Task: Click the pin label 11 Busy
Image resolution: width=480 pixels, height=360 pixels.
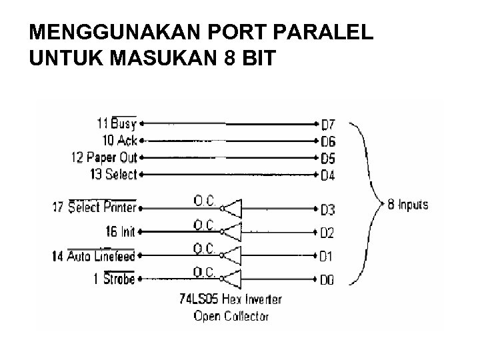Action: (117, 123)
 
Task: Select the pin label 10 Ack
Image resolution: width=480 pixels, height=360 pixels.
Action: (119, 140)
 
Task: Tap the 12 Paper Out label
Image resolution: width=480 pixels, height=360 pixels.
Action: (103, 157)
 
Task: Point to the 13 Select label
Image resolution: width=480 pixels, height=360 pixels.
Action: (112, 174)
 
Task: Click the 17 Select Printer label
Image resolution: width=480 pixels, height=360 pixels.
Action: (94, 207)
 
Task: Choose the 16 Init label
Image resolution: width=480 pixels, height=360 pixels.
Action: (120, 231)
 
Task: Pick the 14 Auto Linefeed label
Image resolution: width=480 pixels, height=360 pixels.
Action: (93, 255)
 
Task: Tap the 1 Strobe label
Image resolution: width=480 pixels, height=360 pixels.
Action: (115, 279)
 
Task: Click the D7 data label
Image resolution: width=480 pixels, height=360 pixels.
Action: (328, 125)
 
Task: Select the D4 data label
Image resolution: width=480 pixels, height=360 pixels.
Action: (328, 176)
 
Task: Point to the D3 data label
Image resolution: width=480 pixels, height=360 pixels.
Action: (328, 211)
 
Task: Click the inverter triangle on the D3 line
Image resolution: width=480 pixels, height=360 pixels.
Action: (231, 209)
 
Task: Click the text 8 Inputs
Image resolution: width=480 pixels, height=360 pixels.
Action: (408, 205)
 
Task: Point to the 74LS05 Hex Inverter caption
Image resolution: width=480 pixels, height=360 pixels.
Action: (231, 300)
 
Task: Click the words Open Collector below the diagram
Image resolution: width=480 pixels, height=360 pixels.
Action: (231, 316)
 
